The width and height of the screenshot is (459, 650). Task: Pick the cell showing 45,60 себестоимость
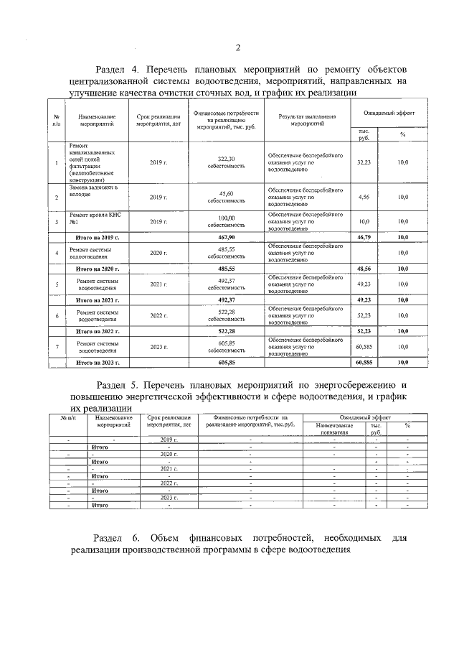[226, 197]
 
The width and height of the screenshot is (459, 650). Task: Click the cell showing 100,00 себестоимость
[226, 221]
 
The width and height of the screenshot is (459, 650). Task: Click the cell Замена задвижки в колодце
[93, 191]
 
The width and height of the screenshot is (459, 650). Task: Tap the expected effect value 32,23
[364, 163]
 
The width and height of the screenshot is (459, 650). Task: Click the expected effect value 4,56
[364, 197]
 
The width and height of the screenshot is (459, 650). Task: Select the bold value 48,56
[364, 268]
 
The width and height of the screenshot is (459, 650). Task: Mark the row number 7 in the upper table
[57, 348]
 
